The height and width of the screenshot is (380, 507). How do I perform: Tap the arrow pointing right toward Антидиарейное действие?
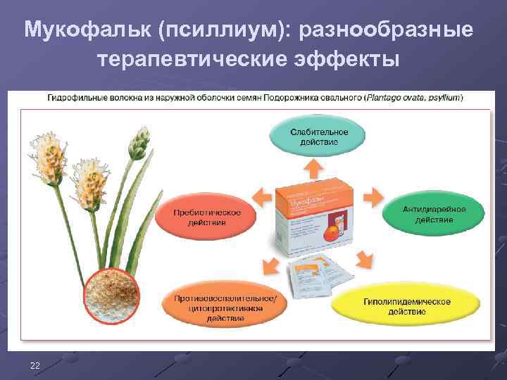click(370, 196)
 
